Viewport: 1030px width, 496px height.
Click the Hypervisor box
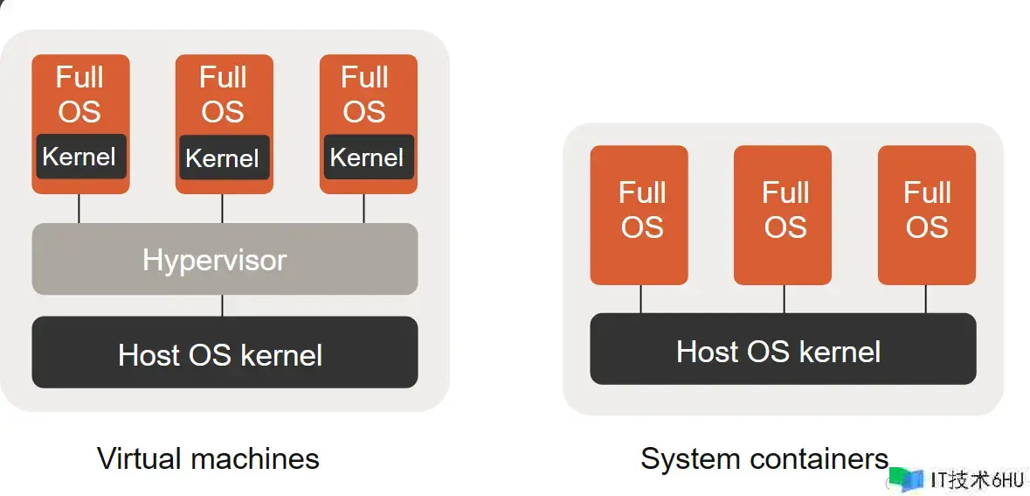(225, 259)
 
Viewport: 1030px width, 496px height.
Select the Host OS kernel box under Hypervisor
(225, 353)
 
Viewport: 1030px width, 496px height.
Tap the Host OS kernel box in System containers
(782, 349)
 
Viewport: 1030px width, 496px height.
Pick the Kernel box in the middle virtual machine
(224, 158)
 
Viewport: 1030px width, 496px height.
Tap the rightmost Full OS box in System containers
(926, 214)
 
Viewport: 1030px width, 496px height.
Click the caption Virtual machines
(208, 458)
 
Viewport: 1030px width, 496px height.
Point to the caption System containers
(764, 458)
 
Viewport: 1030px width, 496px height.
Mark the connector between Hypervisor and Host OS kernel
(222, 305)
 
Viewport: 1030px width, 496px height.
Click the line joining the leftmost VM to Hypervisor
(79, 208)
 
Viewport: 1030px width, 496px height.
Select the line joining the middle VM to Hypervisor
(222, 208)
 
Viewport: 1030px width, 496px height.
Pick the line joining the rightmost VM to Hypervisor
(364, 208)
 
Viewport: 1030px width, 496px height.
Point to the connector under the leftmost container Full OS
(640, 298)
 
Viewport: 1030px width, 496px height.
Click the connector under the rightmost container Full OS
(926, 298)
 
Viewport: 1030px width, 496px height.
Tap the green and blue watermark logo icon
(906, 479)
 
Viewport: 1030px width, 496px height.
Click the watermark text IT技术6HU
(977, 480)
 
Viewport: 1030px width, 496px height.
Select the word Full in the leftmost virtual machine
(79, 78)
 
